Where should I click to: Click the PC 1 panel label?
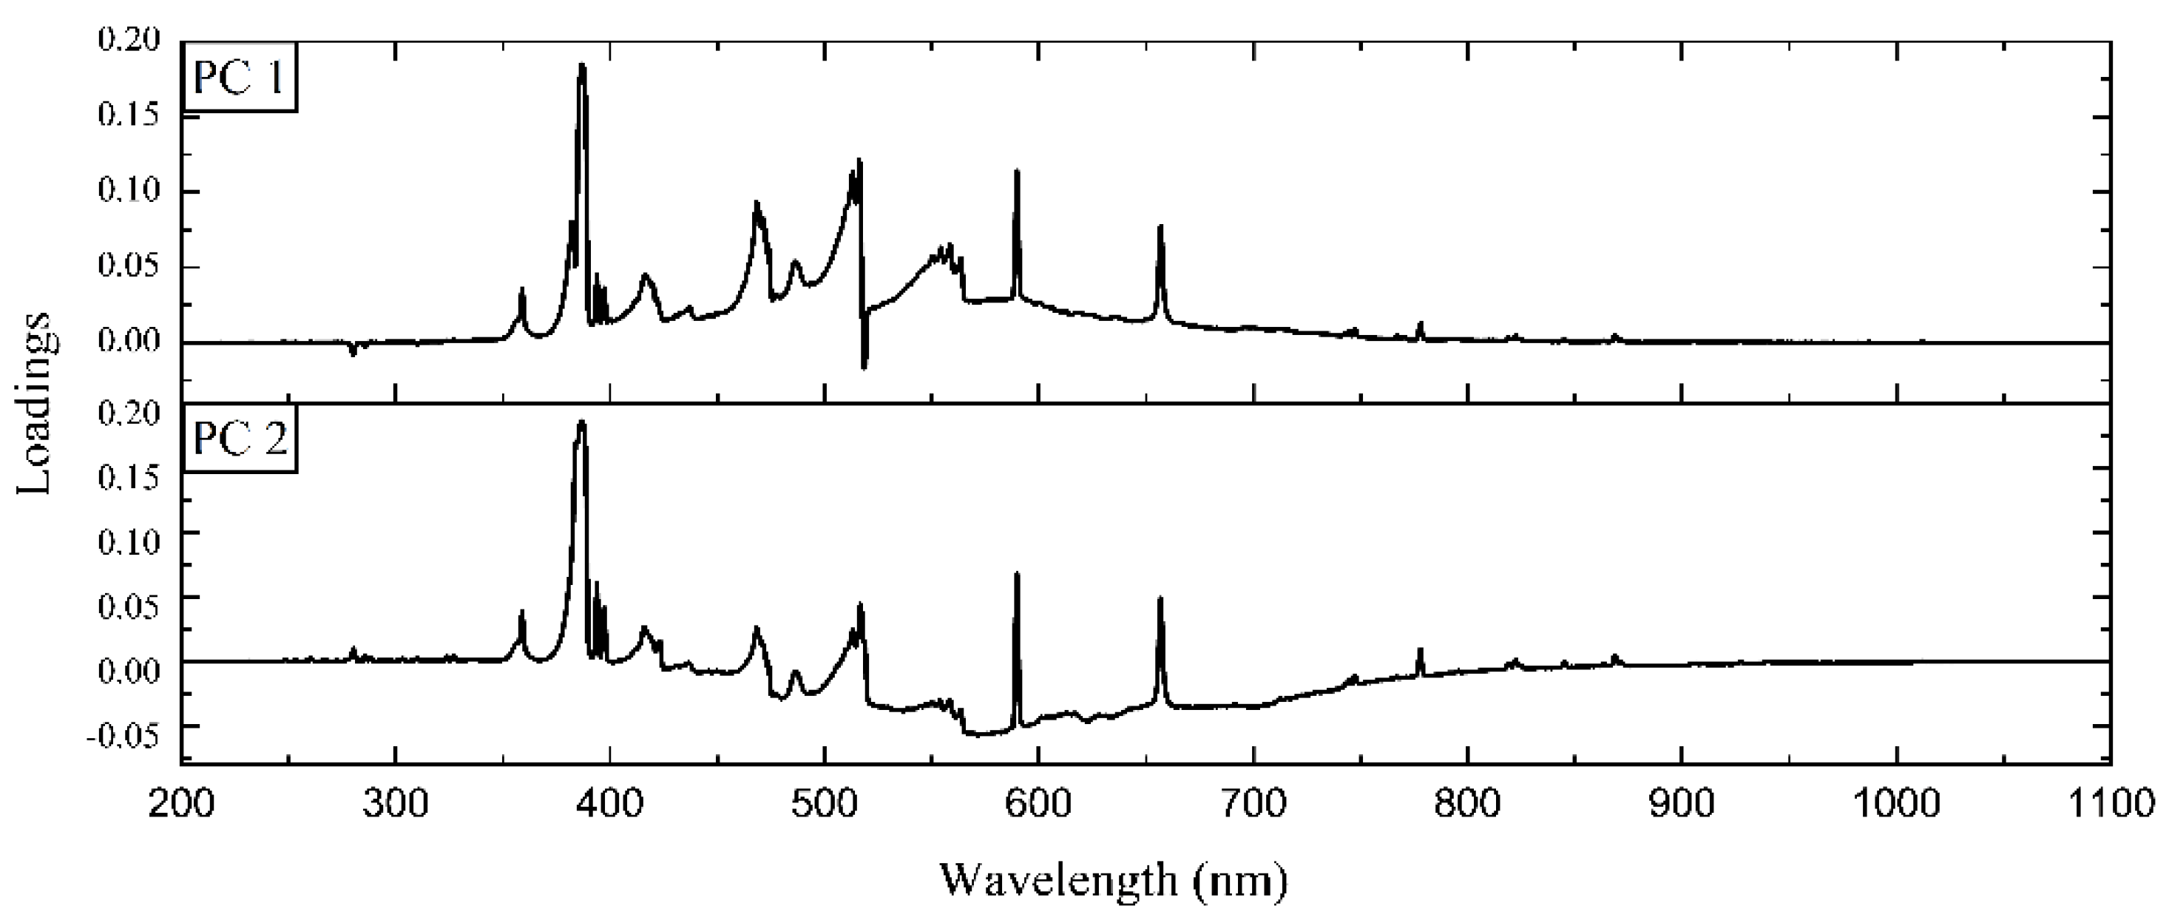coord(240,78)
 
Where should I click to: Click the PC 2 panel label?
coord(240,439)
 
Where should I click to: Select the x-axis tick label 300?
coord(396,803)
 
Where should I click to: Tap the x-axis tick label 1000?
coord(1896,803)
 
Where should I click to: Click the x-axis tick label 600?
coord(1039,803)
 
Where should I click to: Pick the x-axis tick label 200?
coord(181,803)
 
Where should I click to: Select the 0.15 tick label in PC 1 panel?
coord(128,115)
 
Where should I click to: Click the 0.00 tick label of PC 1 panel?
coord(128,342)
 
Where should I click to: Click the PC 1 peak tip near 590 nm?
coord(1017,171)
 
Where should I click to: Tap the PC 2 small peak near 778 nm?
coord(1421,649)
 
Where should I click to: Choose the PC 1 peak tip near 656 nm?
coord(1160,226)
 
